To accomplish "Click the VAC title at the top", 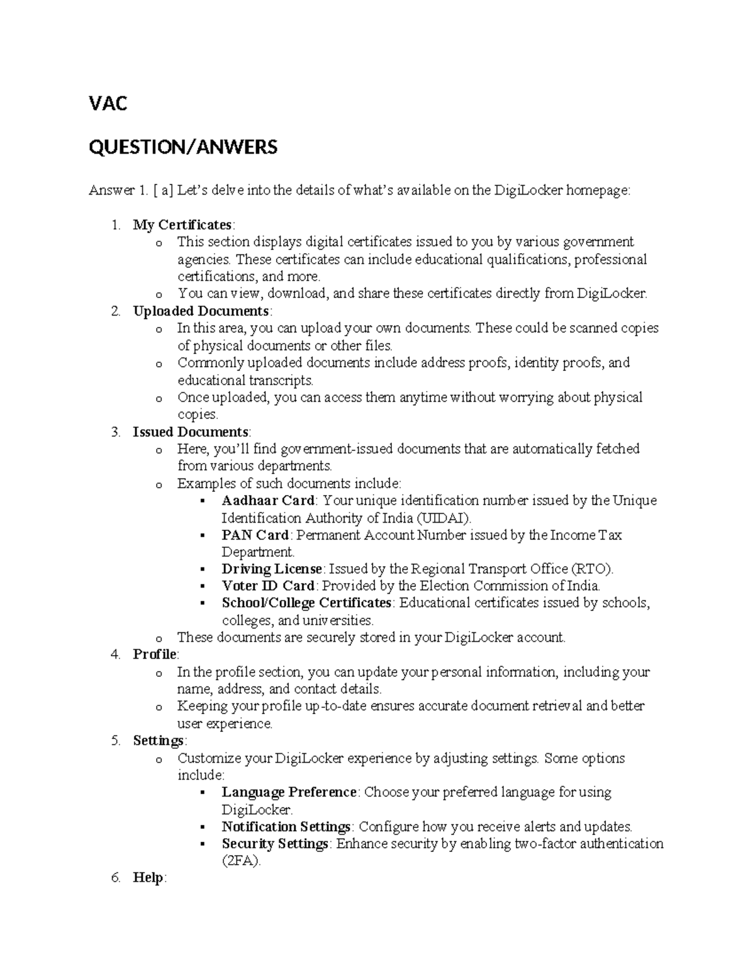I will (108, 103).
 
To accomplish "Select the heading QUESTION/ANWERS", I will (182, 147).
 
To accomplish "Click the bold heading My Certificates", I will (182, 225).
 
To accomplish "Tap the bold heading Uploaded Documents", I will (201, 311).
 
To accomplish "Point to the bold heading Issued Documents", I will (191, 432).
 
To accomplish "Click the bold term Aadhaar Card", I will (267, 501).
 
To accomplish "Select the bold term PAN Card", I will (255, 535).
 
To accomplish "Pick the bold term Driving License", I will (272, 569).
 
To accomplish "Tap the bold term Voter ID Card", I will (267, 586).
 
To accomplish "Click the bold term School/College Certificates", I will (307, 603).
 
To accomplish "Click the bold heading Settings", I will (158, 741).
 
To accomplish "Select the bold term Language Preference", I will (289, 792).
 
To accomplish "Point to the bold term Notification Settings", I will (286, 827).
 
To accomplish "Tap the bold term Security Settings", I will (275, 844).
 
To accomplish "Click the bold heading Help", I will (148, 878).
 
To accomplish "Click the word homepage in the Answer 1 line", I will (597, 191).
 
